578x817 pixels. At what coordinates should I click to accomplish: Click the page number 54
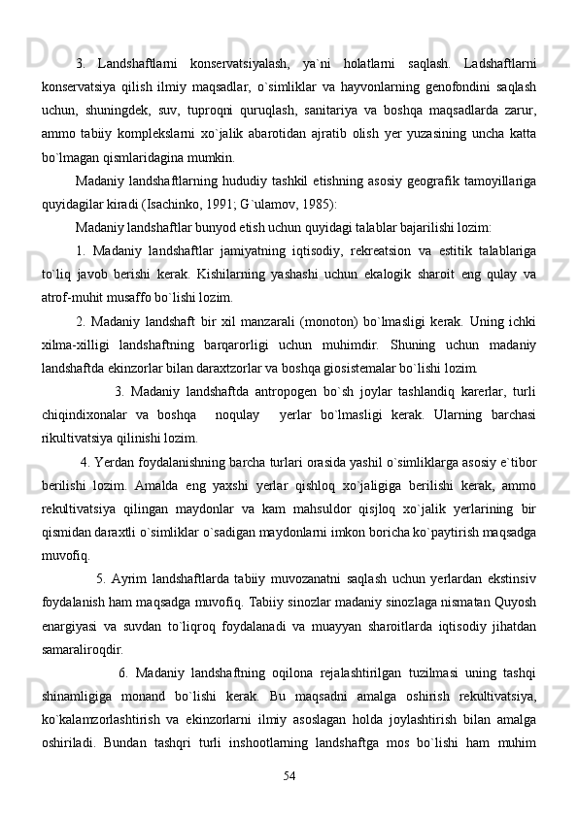pos(289,774)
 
